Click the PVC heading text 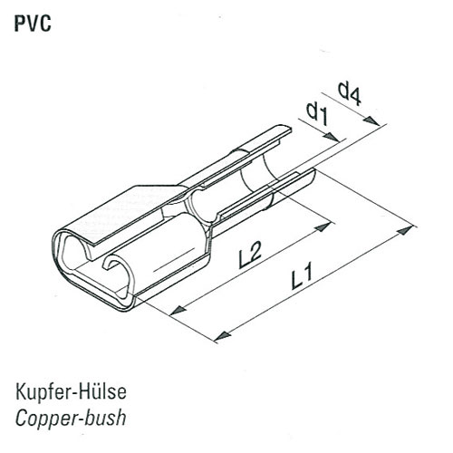(33, 24)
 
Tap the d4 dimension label (350, 93)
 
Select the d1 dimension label (317, 113)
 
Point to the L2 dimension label (250, 255)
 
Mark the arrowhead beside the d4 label (371, 120)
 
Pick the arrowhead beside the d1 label (331, 138)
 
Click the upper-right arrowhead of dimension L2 (323, 226)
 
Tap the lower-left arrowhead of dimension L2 (178, 310)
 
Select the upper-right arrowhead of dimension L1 (405, 230)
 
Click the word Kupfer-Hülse (71, 391)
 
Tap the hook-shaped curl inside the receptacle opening (111, 260)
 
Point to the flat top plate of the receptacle (120, 211)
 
